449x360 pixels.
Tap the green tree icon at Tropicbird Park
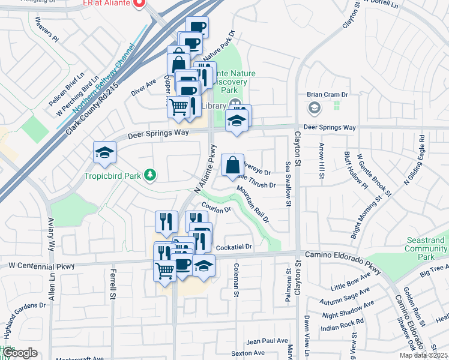[x=150, y=175]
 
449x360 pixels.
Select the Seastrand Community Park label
[x=424, y=248]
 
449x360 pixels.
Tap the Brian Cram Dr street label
[x=328, y=95]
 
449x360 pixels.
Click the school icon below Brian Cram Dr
[x=313, y=108]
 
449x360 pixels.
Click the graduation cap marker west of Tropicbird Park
[x=104, y=154]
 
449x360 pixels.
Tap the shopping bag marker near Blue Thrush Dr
[x=232, y=165]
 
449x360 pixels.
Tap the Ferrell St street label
[x=113, y=284]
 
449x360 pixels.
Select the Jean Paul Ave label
[x=268, y=341]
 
